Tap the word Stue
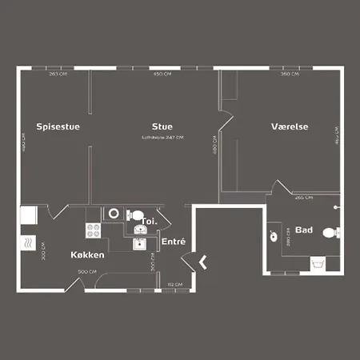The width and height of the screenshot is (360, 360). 162,126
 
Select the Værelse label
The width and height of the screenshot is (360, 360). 290,126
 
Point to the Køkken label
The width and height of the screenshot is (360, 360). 87,254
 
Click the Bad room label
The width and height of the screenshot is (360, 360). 303,230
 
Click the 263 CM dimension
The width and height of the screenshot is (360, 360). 57,74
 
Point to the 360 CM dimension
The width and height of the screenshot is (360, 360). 290,74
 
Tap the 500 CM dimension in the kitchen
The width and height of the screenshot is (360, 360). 87,273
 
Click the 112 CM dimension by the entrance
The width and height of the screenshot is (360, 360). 171,284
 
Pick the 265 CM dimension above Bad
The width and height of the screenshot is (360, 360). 303,197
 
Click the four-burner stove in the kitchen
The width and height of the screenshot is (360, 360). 92,230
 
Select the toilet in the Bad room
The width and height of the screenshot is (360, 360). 329,234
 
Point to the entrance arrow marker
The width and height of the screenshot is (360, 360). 203,261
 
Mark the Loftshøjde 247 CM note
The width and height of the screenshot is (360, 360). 162,138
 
